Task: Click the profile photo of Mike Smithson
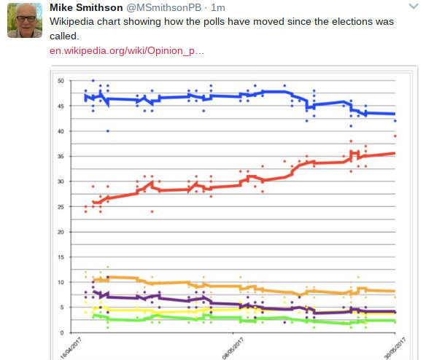pyautogui.click(x=25, y=20)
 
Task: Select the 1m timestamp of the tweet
pyautogui.click(x=217, y=8)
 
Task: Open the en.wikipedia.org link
pyautogui.click(x=128, y=51)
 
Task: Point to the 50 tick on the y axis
pyautogui.click(x=61, y=80)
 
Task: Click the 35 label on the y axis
pyautogui.click(x=61, y=156)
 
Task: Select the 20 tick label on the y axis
pyautogui.click(x=61, y=232)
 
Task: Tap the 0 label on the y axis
pyautogui.click(x=63, y=332)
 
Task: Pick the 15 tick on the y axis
pyautogui.click(x=61, y=257)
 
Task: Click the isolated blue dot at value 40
pyautogui.click(x=108, y=131)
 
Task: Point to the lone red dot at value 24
pyautogui.click(x=152, y=211)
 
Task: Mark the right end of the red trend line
pyautogui.click(x=394, y=153)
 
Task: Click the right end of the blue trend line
pyautogui.click(x=394, y=114)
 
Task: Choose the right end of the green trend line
pyautogui.click(x=394, y=321)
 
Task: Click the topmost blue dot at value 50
pyautogui.click(x=93, y=80)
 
